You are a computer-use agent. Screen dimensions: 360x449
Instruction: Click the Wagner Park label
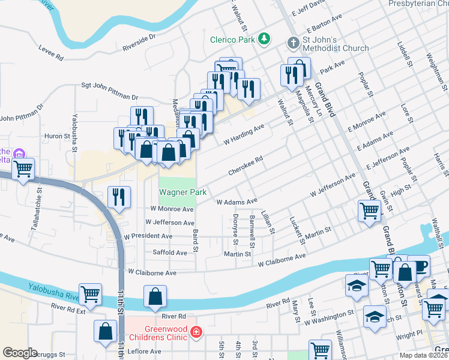(x=182, y=193)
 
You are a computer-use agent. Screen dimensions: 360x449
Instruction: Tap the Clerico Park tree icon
(x=264, y=40)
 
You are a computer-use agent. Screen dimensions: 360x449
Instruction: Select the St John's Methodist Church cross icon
(x=293, y=43)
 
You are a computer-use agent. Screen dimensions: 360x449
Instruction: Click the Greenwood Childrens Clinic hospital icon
(x=195, y=332)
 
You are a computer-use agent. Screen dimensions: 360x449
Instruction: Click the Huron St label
(x=58, y=136)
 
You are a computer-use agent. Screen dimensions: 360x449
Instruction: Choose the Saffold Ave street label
(x=170, y=253)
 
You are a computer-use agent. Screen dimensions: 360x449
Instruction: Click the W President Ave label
(x=152, y=236)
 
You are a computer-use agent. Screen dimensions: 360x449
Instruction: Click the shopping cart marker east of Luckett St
(x=368, y=210)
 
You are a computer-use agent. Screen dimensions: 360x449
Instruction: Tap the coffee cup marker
(x=418, y=265)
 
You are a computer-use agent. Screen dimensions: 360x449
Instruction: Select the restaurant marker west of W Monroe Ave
(x=118, y=196)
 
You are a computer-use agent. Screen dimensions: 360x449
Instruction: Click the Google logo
(x=20, y=353)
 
